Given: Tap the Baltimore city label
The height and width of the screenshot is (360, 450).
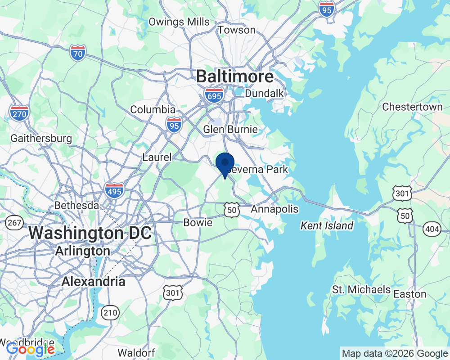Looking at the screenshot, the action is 234,76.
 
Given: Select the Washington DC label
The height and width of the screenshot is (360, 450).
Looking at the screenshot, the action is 90,234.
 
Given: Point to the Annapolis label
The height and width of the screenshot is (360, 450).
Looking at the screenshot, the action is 274,209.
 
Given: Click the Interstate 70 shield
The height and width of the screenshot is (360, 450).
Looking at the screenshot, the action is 78,53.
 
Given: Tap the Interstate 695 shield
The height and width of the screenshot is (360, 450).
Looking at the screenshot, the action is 214,95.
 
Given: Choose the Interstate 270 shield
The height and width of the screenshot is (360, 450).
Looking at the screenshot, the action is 19,113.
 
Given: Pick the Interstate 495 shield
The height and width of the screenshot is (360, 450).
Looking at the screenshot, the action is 114,190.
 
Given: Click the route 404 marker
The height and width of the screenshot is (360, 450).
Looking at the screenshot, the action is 432,230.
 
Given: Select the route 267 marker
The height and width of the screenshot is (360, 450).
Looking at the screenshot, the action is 14,222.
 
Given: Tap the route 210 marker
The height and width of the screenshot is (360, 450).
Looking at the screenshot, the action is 110,312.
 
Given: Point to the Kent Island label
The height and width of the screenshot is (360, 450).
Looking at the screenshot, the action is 327,225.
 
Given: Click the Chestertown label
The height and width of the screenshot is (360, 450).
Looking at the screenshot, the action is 412,107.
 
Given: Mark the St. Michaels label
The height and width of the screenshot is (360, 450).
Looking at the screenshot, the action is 361,289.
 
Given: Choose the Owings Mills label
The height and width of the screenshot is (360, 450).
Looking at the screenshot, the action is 179,22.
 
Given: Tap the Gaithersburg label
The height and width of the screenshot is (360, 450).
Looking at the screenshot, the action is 41,138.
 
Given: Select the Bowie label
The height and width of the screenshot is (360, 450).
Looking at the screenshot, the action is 198,222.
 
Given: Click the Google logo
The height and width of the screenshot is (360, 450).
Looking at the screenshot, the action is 30,349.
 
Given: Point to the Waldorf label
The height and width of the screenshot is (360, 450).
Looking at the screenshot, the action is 136,352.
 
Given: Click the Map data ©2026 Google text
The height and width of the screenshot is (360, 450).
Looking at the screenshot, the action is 395,353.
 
